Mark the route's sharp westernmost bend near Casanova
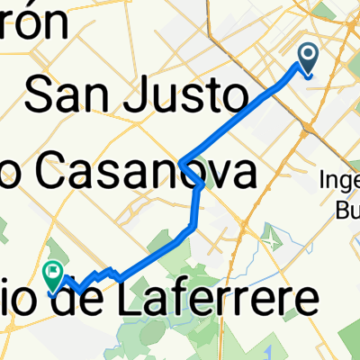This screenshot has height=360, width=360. (x=182, y=163)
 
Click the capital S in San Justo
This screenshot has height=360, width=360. (x=42, y=95)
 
